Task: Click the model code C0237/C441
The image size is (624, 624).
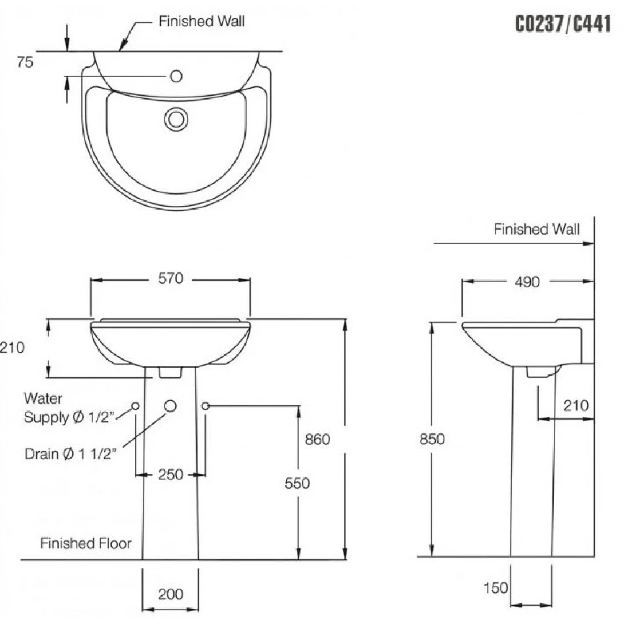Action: click(563, 25)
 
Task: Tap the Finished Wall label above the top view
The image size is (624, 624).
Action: click(202, 22)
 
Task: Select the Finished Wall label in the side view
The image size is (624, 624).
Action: click(536, 230)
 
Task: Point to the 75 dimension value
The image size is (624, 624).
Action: click(25, 63)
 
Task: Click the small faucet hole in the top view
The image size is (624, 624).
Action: click(176, 76)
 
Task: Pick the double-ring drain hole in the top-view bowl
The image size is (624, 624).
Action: click(176, 119)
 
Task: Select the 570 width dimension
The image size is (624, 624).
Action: click(171, 279)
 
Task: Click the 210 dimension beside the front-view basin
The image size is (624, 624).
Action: click(13, 347)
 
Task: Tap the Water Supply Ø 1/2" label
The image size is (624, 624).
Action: click(69, 408)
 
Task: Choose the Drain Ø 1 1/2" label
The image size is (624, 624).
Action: click(71, 454)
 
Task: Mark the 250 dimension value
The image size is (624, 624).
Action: click(171, 475)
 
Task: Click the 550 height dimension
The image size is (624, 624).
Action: click(297, 483)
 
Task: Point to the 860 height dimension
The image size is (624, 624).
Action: click(318, 439)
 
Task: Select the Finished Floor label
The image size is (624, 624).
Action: click(86, 543)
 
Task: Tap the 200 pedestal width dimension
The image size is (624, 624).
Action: click(171, 594)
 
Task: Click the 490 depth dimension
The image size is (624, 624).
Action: click(527, 282)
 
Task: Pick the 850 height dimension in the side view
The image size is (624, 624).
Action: click(432, 439)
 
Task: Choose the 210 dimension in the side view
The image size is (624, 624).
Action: click(575, 405)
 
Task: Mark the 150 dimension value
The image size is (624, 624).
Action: click(495, 588)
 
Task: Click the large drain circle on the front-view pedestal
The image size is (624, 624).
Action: click(171, 405)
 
